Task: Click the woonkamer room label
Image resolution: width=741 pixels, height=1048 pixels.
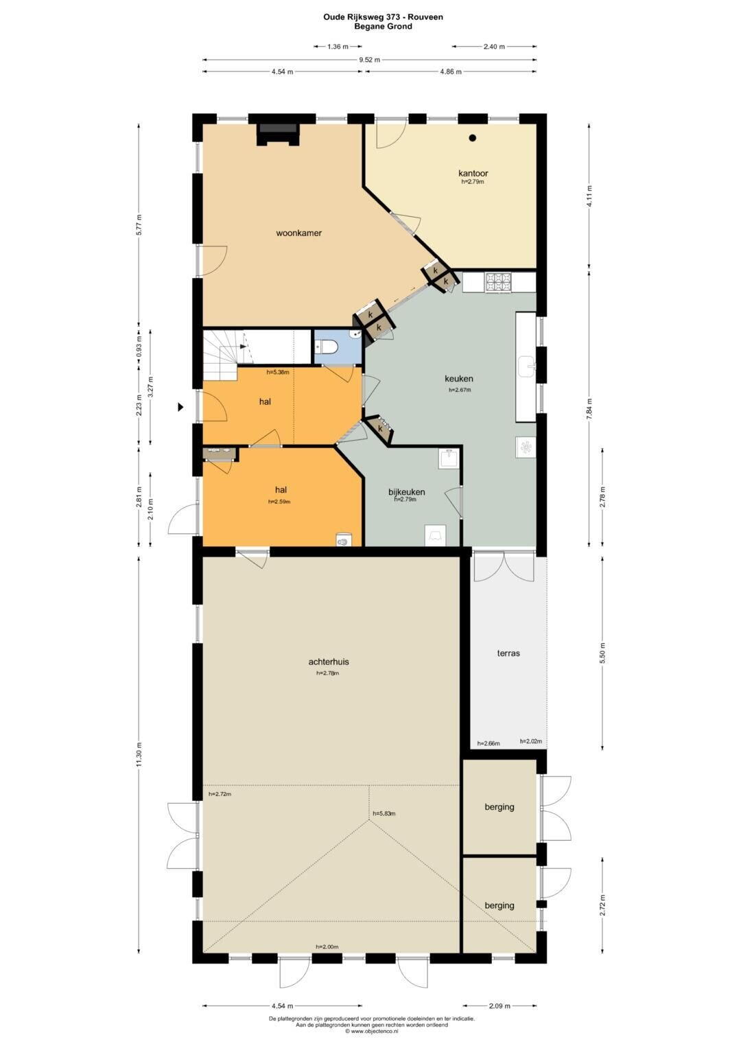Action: (298, 233)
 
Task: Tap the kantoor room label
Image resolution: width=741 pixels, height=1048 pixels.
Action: (473, 174)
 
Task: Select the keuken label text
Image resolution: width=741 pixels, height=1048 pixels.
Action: (458, 378)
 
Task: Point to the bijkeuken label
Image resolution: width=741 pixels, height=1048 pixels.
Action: (406, 491)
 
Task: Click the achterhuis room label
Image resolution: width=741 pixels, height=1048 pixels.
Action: (329, 662)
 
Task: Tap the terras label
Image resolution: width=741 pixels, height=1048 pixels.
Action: (508, 653)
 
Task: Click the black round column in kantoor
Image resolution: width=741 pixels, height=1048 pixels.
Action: (473, 137)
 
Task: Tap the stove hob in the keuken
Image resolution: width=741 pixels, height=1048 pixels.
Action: (498, 283)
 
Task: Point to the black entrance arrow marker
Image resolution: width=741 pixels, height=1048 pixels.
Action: (180, 407)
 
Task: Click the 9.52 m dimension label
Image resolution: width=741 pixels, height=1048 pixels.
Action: (369, 60)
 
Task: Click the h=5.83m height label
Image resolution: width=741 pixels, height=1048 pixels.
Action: (384, 813)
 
